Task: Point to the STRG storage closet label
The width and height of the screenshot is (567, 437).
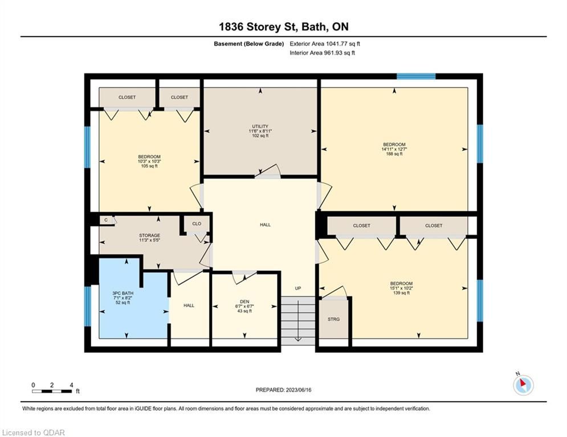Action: [334, 319]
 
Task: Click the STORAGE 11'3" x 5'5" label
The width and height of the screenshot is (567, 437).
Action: [149, 238]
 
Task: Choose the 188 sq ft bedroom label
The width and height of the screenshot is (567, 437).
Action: [394, 149]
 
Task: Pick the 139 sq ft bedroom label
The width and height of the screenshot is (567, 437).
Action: [401, 288]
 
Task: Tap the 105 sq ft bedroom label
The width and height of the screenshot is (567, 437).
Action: [149, 162]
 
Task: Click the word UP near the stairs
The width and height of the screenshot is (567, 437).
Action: [298, 288]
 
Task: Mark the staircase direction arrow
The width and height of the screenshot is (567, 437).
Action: [298, 320]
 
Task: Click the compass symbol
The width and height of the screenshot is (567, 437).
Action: [523, 385]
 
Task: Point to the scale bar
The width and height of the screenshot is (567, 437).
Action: [52, 391]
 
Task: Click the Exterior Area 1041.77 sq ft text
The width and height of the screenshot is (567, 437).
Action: [325, 44]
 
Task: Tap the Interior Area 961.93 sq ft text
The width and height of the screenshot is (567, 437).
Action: [322, 53]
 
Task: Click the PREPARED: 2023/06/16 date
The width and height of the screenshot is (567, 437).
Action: [284, 390]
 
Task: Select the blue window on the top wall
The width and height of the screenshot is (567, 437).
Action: [416, 76]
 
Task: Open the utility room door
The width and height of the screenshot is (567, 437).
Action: [268, 172]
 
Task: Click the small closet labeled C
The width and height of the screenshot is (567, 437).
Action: [107, 220]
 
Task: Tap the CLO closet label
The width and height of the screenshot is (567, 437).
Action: [197, 224]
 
